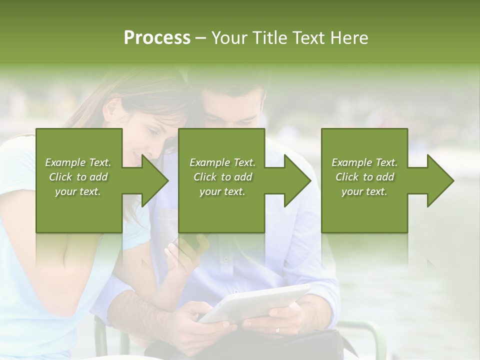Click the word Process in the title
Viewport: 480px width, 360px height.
coord(157,37)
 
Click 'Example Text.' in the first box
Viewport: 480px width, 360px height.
coord(78,162)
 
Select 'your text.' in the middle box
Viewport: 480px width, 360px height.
coord(222,191)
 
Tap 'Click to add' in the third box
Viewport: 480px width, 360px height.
coord(364,177)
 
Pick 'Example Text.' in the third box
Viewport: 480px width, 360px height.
coord(364,162)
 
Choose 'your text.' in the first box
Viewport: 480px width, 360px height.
coord(78,191)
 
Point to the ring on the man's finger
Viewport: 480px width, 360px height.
coord(278,330)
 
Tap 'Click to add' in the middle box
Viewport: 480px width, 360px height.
coord(222,177)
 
